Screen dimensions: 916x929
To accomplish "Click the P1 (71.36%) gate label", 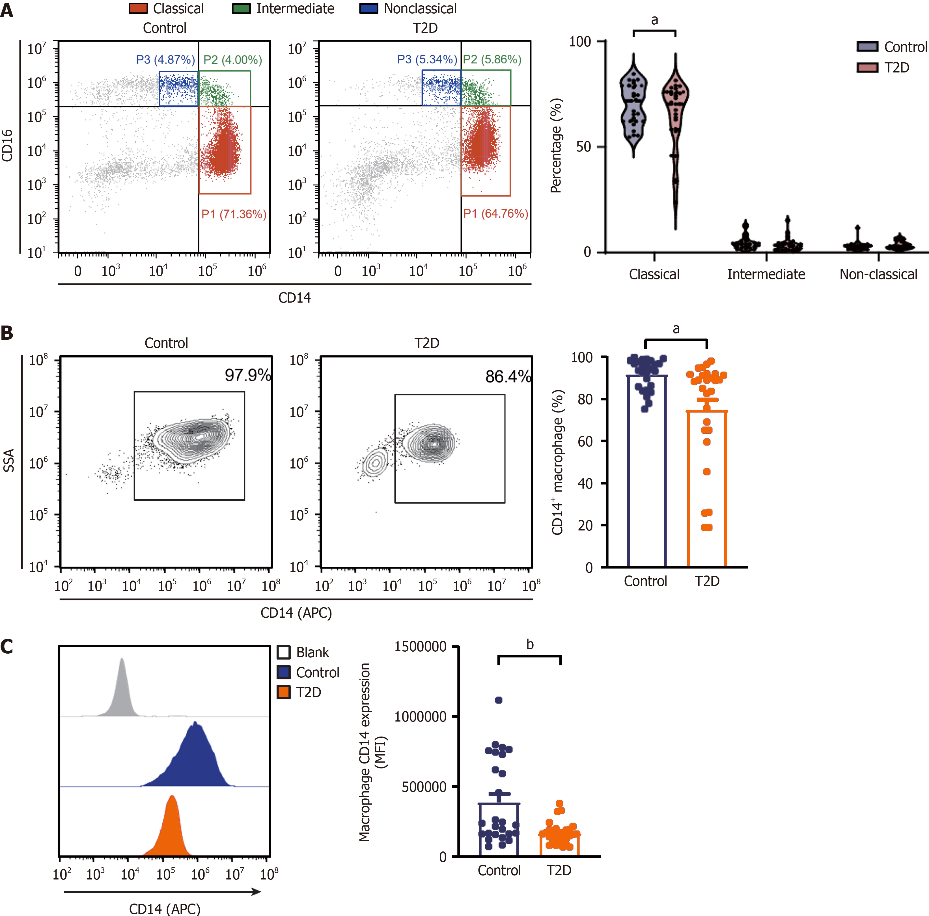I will [234, 214].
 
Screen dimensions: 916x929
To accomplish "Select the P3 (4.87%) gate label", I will [165, 60].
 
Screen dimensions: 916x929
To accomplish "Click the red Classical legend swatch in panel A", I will [138, 9].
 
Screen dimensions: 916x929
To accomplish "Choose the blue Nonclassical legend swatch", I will [368, 9].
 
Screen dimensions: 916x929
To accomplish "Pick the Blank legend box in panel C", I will [284, 652].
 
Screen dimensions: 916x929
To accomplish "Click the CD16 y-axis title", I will [7, 146].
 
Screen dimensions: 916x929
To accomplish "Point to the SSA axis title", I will [9, 460].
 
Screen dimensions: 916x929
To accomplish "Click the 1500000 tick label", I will [421, 647].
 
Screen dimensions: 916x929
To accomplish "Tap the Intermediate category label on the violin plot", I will [766, 274].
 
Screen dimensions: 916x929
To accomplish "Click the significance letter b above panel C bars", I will [530, 645].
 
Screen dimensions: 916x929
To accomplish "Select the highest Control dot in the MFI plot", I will [499, 700].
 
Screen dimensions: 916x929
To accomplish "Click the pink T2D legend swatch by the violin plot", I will [867, 67].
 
